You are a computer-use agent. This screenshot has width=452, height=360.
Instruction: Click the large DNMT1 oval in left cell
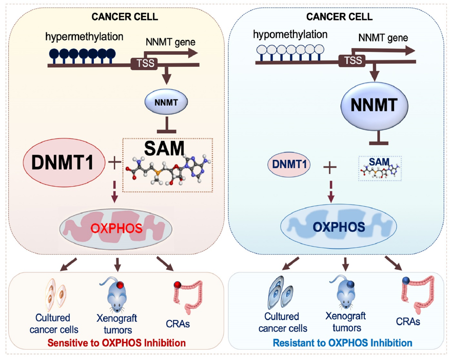pos(60,164)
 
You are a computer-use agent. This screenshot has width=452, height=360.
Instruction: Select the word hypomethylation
pos(290,34)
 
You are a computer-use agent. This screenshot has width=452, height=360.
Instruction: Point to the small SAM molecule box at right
pos(380,168)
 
